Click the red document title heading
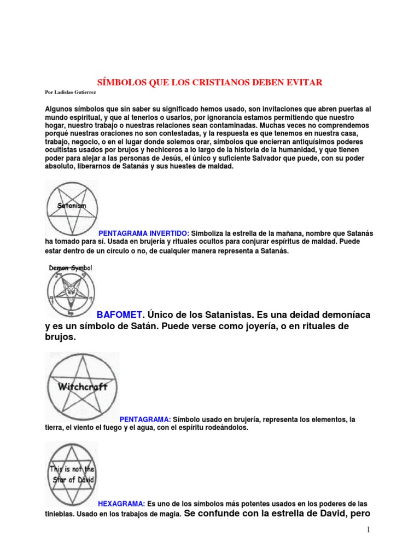(x=209, y=83)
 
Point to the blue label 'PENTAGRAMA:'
(x=145, y=419)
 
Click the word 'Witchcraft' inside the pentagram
(x=82, y=387)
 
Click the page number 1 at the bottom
(x=369, y=530)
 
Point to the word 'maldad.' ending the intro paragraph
(x=219, y=166)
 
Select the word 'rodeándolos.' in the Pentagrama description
(x=223, y=428)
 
